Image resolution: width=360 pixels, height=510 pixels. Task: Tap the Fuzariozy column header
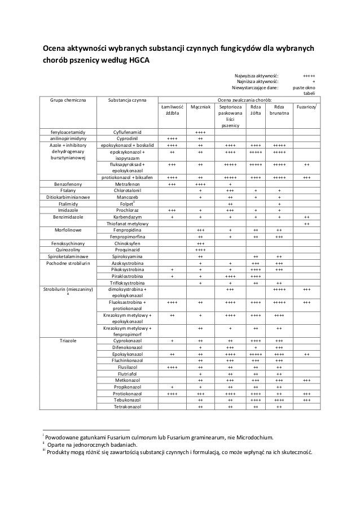click(x=306, y=106)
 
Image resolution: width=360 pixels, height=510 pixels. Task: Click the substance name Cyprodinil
click(x=128, y=138)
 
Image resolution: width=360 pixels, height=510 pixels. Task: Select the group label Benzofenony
click(x=67, y=184)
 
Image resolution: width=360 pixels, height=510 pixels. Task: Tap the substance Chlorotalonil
click(x=128, y=190)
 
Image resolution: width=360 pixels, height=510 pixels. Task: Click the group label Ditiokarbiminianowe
click(x=67, y=197)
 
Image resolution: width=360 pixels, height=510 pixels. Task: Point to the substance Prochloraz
click(x=128, y=210)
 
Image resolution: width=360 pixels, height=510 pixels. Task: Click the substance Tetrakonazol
click(x=128, y=407)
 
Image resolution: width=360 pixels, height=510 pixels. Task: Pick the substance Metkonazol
click(x=128, y=381)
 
